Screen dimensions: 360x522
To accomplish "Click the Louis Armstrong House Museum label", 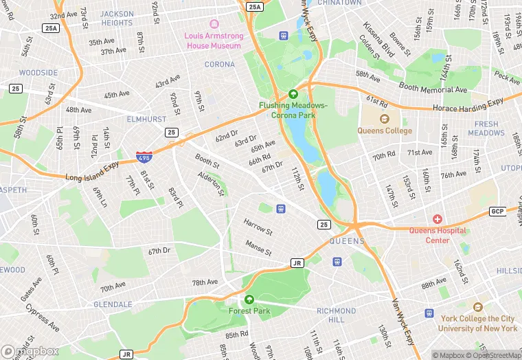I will pyautogui.click(x=212, y=41).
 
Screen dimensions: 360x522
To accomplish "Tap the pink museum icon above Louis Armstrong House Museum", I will pyautogui.click(x=213, y=24).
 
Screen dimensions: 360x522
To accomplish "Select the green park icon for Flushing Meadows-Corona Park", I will pyautogui.click(x=293, y=94).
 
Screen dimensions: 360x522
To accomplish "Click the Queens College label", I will pyautogui.click(x=385, y=131).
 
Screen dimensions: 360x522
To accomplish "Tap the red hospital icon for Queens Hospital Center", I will pyautogui.click(x=438, y=219).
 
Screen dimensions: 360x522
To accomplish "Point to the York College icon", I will pyautogui.click(x=478, y=307).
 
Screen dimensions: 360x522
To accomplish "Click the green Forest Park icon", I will pyautogui.click(x=249, y=300).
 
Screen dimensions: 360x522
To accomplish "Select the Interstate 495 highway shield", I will pyautogui.click(x=144, y=157).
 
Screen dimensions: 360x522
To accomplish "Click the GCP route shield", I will pyautogui.click(x=497, y=211).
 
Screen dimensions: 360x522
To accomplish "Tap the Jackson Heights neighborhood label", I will pyautogui.click(x=117, y=18).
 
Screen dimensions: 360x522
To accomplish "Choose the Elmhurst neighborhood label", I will pyautogui.click(x=146, y=119).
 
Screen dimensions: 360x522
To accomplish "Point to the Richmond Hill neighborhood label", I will pyautogui.click(x=336, y=315).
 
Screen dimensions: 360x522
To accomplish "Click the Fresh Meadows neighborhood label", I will pyautogui.click(x=486, y=128).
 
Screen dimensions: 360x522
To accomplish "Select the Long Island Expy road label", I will pyautogui.click(x=92, y=170).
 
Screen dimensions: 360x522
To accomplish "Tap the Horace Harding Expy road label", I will pyautogui.click(x=468, y=106).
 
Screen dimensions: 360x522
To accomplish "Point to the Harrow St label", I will pyautogui.click(x=258, y=227).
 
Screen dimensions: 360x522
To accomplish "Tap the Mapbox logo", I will pyautogui.click(x=30, y=351).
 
